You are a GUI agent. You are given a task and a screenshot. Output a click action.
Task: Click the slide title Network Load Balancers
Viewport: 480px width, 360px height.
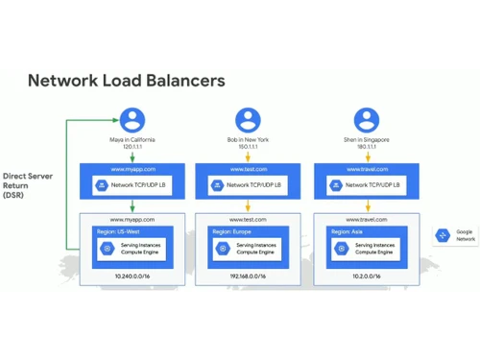126,80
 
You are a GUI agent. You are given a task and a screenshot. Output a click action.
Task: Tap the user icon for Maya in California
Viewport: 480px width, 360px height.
132,121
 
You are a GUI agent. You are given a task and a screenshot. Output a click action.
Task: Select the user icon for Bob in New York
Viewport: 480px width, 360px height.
249,121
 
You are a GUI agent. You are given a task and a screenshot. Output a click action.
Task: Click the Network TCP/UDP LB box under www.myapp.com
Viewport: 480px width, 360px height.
133,184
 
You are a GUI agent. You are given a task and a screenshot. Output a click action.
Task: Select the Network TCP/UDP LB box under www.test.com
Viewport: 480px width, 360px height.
250,184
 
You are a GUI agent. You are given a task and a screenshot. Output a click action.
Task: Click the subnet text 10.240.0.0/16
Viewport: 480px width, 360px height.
132,276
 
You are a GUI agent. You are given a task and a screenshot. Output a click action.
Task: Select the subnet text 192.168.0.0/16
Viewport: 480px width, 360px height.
250,276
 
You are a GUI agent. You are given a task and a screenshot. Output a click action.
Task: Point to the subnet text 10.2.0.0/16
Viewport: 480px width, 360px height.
367,276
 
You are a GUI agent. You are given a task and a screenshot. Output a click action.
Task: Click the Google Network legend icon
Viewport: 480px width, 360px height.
444,235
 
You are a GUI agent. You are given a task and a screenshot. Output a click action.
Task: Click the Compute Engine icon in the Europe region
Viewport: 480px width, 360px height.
223,249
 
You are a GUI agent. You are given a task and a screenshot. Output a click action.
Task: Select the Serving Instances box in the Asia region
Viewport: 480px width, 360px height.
367,249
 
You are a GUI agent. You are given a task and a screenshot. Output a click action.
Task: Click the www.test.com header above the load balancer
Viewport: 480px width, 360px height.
250,169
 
